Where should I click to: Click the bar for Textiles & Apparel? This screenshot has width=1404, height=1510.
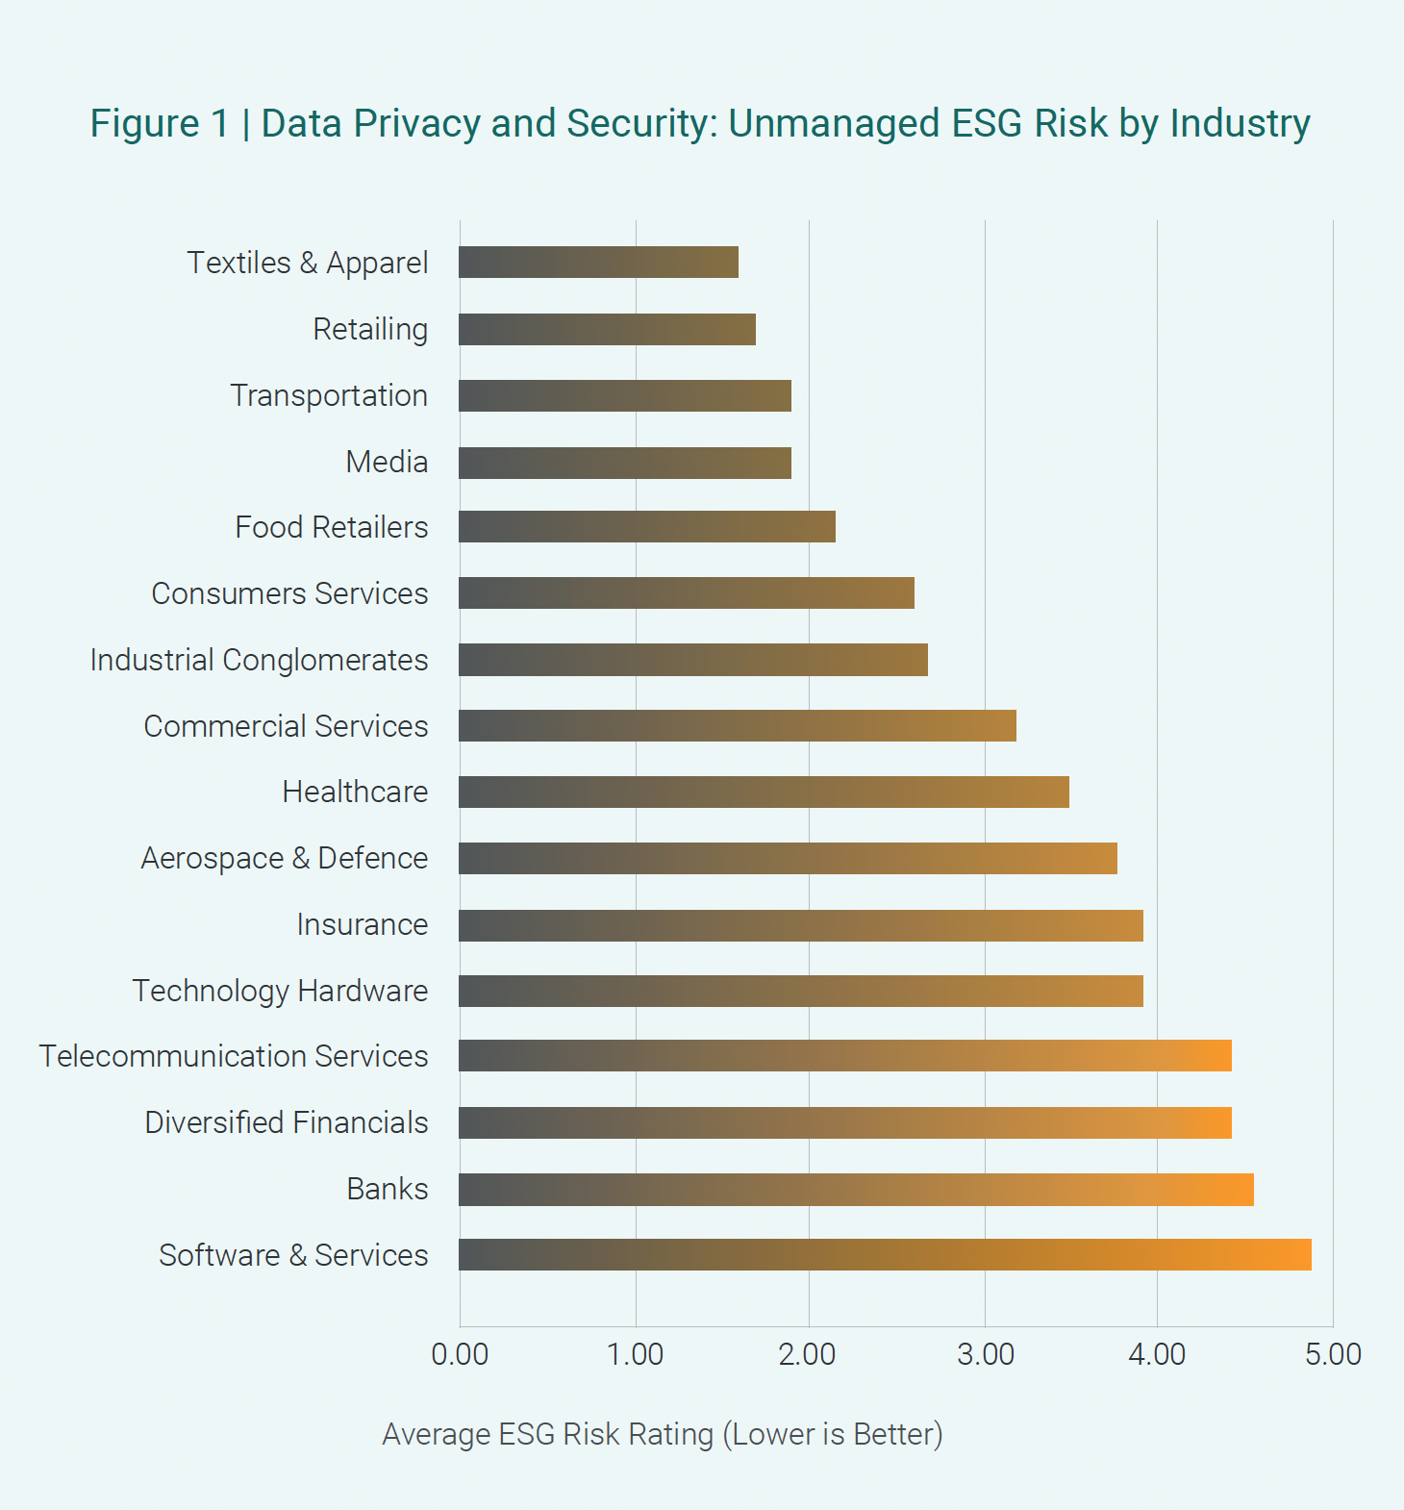tap(598, 263)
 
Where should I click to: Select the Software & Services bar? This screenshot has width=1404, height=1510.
tap(885, 1255)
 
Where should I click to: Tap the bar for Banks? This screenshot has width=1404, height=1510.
tap(856, 1190)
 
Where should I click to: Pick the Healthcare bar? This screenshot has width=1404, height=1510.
tap(764, 793)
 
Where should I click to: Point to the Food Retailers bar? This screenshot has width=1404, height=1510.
tap(647, 527)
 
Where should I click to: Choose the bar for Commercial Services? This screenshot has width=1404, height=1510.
tap(738, 726)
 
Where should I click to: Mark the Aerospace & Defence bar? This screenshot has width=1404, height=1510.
tap(788, 858)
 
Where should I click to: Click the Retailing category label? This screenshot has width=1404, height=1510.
tap(370, 330)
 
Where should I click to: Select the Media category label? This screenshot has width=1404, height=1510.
tap(387, 462)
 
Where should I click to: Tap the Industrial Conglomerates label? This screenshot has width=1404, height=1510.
tap(259, 660)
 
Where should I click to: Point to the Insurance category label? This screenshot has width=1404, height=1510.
tap(363, 924)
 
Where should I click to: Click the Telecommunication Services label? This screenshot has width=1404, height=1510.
tap(234, 1056)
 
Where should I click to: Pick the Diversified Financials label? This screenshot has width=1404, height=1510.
tap(287, 1122)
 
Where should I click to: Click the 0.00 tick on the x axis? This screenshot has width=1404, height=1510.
tap(460, 1354)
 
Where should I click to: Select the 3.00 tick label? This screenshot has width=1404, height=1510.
tap(986, 1354)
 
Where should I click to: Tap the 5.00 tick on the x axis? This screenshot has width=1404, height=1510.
tap(1333, 1354)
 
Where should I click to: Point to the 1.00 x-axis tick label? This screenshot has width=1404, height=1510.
tap(635, 1354)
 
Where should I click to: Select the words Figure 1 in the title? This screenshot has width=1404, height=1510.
tap(160, 124)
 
